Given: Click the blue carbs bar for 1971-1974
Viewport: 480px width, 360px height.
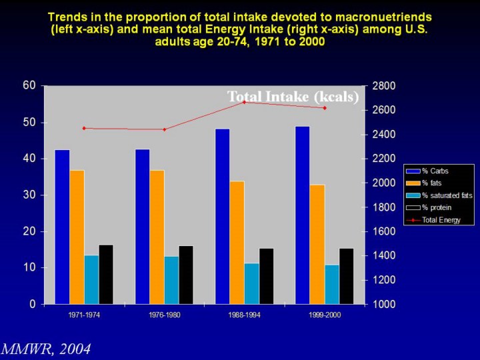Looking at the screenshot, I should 62,227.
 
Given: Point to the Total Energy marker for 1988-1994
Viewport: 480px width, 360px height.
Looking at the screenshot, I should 245,102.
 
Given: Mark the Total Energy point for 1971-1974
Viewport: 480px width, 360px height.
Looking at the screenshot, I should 84,128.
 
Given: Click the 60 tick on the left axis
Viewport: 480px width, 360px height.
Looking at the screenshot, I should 29,85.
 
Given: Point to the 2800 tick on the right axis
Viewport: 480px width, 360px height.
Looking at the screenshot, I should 385,86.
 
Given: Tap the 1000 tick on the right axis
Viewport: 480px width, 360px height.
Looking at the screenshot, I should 385,305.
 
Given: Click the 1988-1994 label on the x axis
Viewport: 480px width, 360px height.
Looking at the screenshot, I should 244,315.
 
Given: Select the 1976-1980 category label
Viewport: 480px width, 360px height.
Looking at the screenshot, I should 164,315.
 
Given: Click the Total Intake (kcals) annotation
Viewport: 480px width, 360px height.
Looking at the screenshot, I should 293,97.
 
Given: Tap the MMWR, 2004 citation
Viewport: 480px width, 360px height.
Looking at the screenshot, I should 45,349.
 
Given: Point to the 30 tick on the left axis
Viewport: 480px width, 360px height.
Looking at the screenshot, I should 29,195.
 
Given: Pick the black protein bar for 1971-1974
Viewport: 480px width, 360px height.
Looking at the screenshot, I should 106,274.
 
